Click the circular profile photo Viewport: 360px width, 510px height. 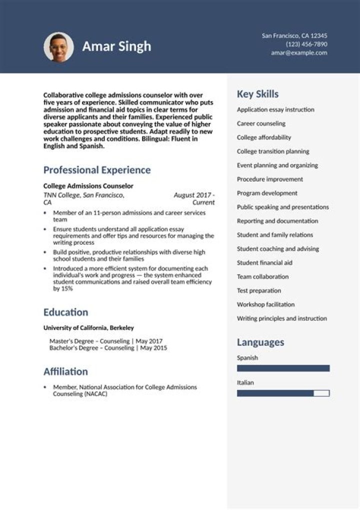(x=58, y=47)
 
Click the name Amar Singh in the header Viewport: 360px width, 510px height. (x=116, y=47)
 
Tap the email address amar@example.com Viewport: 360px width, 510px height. (x=299, y=53)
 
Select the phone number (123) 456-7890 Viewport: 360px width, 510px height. (x=306, y=44)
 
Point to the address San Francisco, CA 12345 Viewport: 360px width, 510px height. (x=294, y=36)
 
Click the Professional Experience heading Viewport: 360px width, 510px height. (x=97, y=170)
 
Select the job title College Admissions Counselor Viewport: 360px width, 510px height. (x=88, y=186)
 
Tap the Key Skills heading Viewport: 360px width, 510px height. (x=257, y=94)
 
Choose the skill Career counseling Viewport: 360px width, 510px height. (x=261, y=124)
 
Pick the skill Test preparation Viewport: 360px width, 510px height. (x=259, y=290)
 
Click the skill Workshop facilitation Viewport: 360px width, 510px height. (x=265, y=304)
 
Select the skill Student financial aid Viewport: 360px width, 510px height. (x=264, y=263)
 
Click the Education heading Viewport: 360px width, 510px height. (x=65, y=312)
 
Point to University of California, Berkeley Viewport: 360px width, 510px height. (x=88, y=328)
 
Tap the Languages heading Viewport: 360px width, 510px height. (x=260, y=342)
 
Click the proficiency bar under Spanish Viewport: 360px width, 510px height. (x=283, y=368)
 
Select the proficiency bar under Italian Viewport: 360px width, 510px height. (x=283, y=393)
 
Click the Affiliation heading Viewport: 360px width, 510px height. (x=65, y=371)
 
